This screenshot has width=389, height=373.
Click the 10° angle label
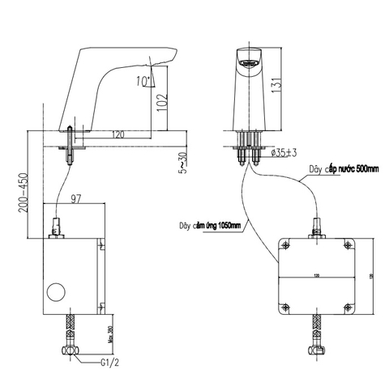tap(143, 81)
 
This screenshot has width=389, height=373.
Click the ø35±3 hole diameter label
tap(284, 151)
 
